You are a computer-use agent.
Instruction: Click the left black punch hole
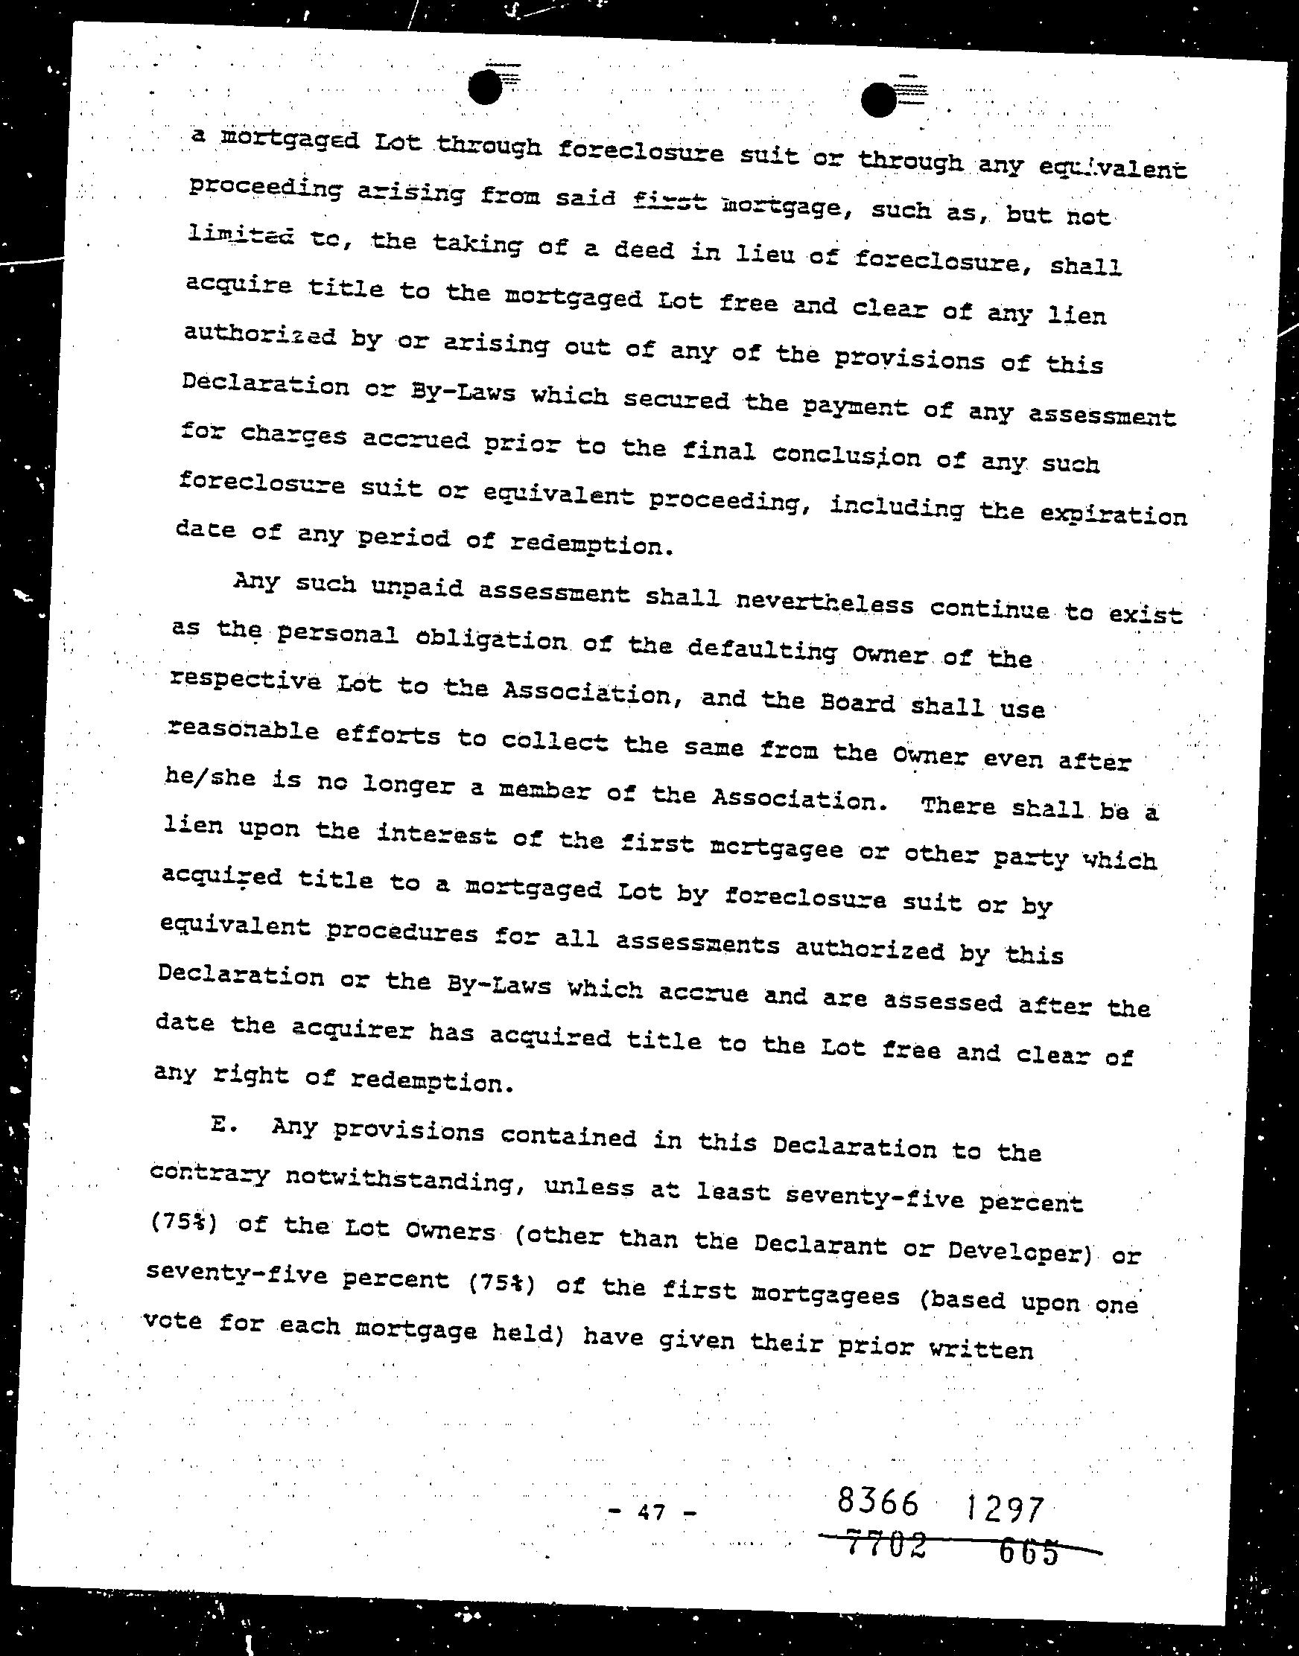coord(484,87)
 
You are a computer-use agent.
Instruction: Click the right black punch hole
coord(880,101)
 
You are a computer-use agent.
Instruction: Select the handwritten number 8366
coord(877,1501)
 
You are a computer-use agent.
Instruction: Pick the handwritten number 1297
coord(1005,1508)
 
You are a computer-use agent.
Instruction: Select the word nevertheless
coord(825,603)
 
